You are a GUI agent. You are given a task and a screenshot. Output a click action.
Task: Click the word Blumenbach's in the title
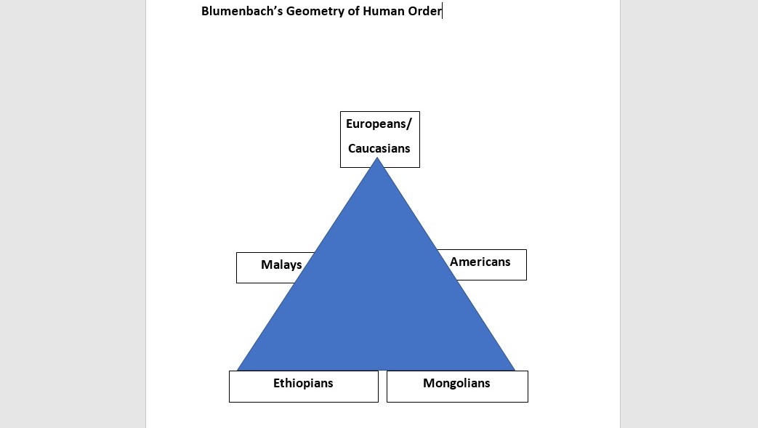click(x=236, y=11)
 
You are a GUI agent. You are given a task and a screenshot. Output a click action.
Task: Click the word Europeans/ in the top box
click(x=379, y=124)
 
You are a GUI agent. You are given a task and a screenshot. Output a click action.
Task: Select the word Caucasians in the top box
click(x=379, y=148)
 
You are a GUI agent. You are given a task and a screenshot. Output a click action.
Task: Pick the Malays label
click(x=281, y=265)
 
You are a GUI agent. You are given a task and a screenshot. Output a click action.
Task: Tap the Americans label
click(x=480, y=262)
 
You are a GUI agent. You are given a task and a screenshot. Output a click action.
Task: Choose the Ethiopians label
click(x=303, y=383)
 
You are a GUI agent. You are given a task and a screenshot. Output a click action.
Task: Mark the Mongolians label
click(x=456, y=383)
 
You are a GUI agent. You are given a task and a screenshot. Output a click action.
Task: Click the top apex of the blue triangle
click(x=377, y=159)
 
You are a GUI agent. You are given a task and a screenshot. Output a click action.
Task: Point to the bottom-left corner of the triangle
click(x=239, y=369)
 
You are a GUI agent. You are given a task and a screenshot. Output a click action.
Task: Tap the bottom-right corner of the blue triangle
click(x=513, y=369)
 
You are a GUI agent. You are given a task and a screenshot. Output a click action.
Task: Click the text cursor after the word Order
click(x=442, y=11)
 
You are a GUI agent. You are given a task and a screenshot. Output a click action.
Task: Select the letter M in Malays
click(x=266, y=265)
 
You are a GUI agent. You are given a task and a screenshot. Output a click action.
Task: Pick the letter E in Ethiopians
click(x=277, y=383)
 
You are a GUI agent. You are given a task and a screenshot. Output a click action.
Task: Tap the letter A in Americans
click(x=454, y=262)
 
